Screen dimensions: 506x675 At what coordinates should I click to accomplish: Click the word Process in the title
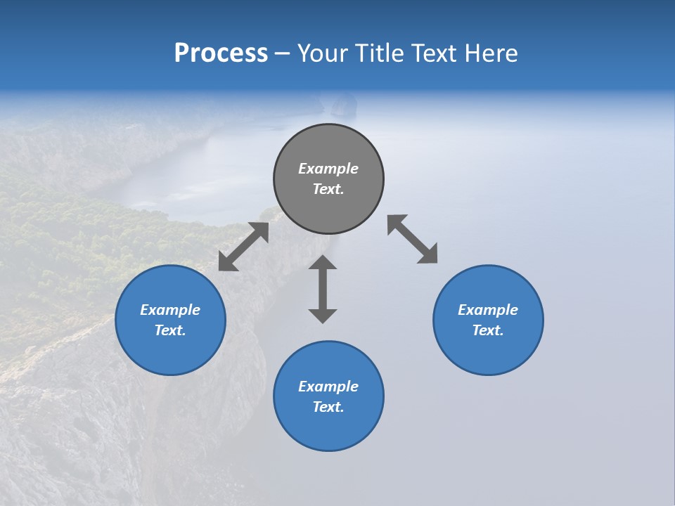coord(221,53)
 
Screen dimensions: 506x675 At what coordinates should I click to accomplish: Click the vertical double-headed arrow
coord(323,289)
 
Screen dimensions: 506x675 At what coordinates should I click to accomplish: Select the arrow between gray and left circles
coord(243,246)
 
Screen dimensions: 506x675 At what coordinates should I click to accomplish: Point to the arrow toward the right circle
coord(413,239)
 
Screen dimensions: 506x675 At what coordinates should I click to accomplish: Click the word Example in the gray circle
coord(328,169)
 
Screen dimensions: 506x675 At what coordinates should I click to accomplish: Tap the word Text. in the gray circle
coord(328,189)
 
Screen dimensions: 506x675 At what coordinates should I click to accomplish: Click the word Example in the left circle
coord(170,310)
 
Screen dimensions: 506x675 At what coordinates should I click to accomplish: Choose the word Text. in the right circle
coord(488,330)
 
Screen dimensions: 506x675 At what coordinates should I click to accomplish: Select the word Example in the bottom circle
coord(328,387)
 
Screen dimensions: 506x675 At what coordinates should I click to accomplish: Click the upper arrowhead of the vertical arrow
coord(323,263)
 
